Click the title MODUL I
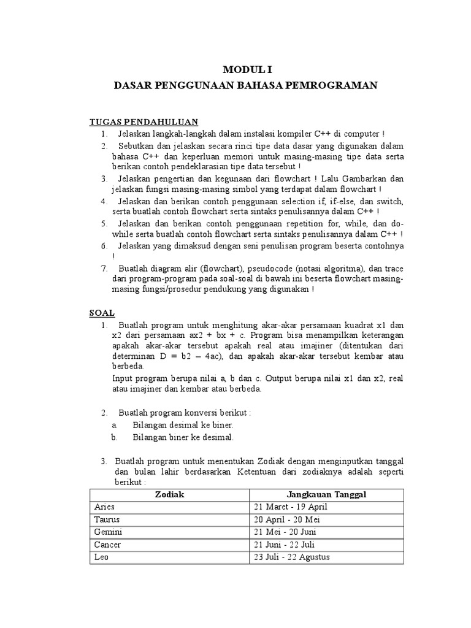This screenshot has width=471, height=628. [245, 71]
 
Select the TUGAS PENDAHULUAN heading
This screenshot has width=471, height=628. [144, 121]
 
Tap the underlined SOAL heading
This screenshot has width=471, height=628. [102, 312]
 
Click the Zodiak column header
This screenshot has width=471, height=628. [169, 494]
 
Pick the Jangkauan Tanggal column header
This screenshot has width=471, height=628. [327, 494]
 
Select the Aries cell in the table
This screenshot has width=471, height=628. [105, 507]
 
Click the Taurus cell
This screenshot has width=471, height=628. [107, 519]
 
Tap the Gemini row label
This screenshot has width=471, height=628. [108, 532]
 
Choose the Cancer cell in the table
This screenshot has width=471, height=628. [108, 545]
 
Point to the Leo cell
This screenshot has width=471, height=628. [101, 557]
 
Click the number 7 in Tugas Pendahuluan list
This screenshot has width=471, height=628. [105, 269]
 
